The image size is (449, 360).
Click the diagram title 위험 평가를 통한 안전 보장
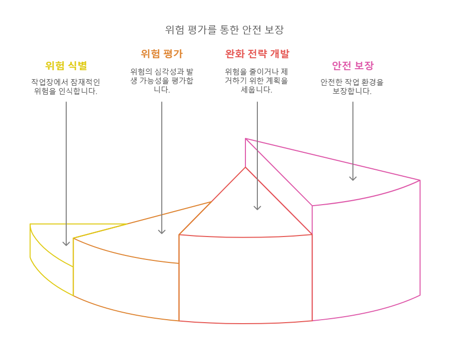224,29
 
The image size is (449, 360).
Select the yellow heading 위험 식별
66,65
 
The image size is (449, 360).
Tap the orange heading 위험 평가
161,54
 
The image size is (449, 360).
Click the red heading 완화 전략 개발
257,54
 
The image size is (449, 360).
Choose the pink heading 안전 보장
352,65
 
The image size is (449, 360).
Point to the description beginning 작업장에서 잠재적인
66,87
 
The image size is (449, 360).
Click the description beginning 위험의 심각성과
161,81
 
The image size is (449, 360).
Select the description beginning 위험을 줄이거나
257,81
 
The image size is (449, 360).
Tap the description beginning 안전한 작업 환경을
352,87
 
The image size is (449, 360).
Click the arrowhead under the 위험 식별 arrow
66,243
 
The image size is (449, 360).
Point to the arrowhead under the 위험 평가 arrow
162,232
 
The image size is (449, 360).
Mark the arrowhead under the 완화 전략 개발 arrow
257,208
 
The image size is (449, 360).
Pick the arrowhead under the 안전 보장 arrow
353,178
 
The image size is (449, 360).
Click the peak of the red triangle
245,167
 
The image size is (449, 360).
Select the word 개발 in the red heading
279,54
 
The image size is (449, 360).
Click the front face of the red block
245,279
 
